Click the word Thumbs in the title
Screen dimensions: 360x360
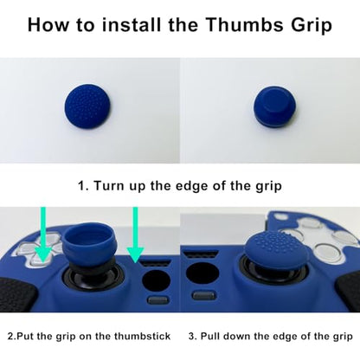tap(244, 25)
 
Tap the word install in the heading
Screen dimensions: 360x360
tap(132, 25)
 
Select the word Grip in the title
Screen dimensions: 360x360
tap(312, 26)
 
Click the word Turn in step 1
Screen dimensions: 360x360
tap(108, 185)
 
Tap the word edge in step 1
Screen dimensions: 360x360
tap(192, 185)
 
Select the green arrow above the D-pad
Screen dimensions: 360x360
tap(43, 234)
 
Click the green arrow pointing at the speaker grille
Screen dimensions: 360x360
tap(135, 235)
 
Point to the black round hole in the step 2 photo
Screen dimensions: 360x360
tap(157, 281)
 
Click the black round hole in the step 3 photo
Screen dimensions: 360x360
tap(202, 273)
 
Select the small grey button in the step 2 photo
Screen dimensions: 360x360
tap(157, 300)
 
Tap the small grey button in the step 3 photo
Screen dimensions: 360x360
tap(203, 295)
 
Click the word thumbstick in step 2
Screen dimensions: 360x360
tap(142, 337)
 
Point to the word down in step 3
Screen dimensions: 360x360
tap(239, 337)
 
